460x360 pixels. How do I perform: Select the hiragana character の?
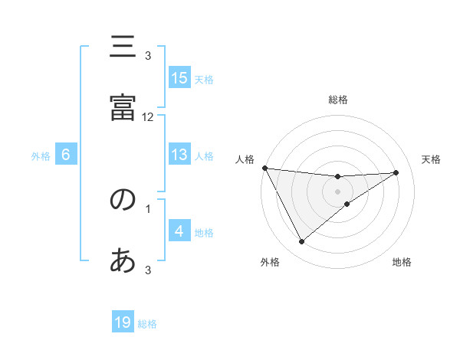(123, 200)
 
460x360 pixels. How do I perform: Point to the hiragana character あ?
(123, 261)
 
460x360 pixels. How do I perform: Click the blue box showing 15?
(179, 78)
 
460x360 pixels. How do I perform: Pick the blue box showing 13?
(179, 155)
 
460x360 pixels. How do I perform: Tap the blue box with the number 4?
(179, 231)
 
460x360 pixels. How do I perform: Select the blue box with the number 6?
(66, 155)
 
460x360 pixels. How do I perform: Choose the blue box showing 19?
(123, 322)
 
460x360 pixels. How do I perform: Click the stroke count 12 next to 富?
(148, 117)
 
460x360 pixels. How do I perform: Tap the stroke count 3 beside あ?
(148, 270)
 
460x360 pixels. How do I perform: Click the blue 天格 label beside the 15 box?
(204, 80)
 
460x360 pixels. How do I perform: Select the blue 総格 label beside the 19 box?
(147, 324)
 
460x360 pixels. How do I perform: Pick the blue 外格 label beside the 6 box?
(41, 156)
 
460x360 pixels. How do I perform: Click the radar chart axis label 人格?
(245, 159)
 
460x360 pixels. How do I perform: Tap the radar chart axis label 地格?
(402, 262)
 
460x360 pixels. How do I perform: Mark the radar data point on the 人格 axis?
(264, 168)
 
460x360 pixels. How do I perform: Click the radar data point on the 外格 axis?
(301, 242)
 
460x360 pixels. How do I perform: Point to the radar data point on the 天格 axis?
(396, 172)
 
